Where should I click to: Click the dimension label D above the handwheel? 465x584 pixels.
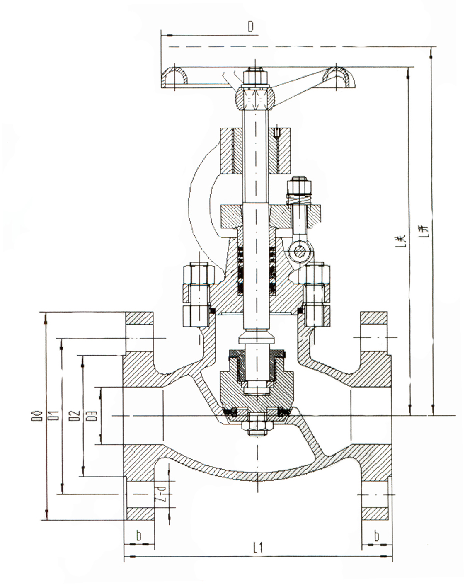pos(250,27)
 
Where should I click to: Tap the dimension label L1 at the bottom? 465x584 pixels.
pos(257,548)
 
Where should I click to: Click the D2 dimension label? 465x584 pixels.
pos(75,416)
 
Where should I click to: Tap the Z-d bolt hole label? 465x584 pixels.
pos(164,495)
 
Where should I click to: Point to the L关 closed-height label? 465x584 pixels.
pos(400,238)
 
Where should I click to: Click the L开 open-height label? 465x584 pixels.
pos(424,232)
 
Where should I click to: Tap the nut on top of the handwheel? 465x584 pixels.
pos(254,77)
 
